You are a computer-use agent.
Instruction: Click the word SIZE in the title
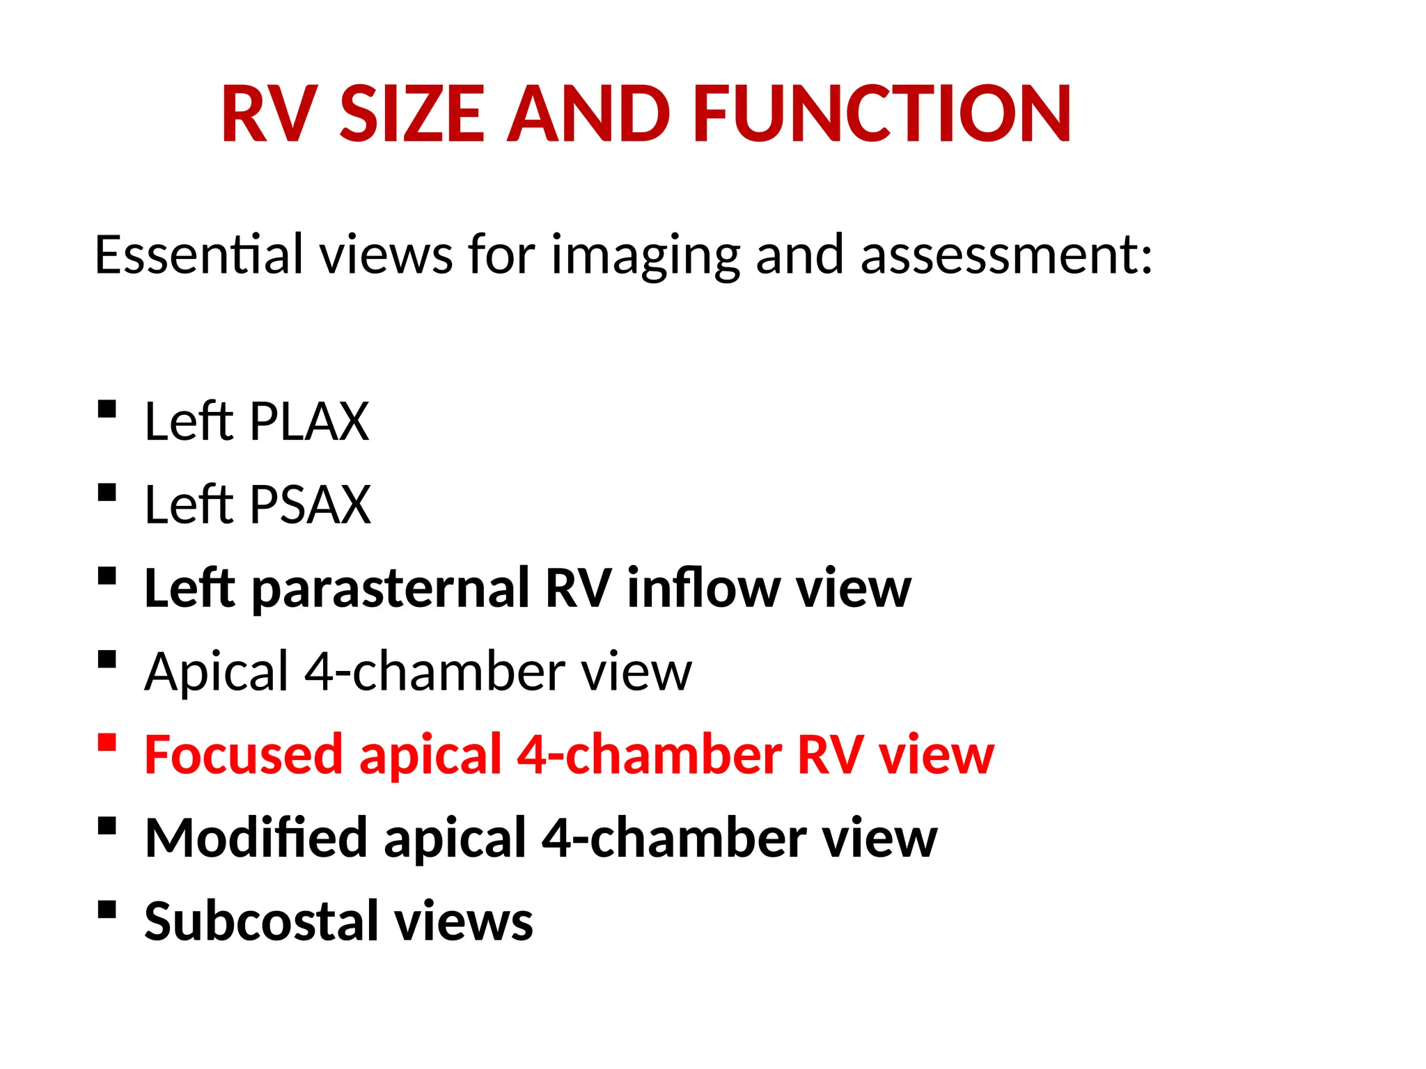point(412,114)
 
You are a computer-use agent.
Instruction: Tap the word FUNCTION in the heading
point(882,114)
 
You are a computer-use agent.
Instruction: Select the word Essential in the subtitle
point(199,255)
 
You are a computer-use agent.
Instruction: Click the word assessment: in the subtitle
point(1006,255)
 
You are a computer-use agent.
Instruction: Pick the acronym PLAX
point(309,422)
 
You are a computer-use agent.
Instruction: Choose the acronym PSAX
point(310,505)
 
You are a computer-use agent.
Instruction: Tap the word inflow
point(703,588)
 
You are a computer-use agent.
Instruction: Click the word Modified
point(256,838)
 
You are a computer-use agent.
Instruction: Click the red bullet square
point(107,742)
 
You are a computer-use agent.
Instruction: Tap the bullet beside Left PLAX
point(107,409)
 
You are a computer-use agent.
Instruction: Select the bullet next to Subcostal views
point(107,909)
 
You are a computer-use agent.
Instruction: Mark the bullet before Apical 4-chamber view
point(107,659)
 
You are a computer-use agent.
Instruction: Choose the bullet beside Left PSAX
point(107,492)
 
